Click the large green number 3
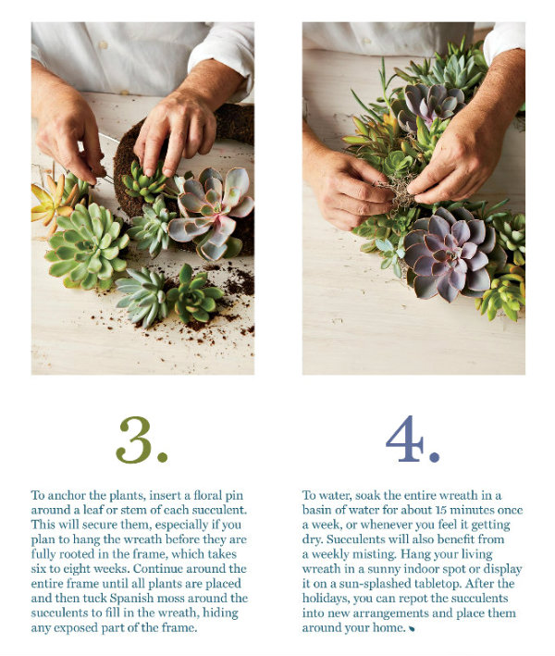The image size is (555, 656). [136, 439]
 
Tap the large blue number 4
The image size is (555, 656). [404, 439]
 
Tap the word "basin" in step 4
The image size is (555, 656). [315, 511]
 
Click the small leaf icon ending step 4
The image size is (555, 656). [412, 628]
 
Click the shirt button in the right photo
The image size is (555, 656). [367, 41]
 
